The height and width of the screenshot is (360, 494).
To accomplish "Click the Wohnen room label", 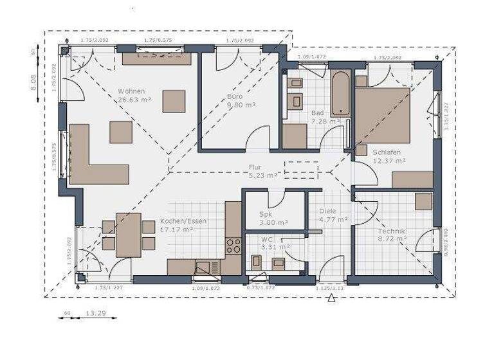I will (131, 91).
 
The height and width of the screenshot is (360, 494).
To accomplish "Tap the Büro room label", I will (234, 96).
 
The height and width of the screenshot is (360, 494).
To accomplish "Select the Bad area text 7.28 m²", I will (325, 120).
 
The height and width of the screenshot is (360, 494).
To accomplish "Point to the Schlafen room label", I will (387, 152).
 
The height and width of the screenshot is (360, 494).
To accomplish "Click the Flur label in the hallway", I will (255, 167).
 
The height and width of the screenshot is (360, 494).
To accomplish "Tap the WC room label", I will (267, 239).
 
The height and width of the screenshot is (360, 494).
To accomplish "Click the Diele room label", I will (328, 211).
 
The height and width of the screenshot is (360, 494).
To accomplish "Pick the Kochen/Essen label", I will (183, 221).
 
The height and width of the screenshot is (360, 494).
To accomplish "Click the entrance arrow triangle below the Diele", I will (331, 298).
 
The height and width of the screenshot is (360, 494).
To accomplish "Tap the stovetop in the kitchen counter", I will (232, 245).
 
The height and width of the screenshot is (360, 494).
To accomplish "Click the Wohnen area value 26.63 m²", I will (134, 100).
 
